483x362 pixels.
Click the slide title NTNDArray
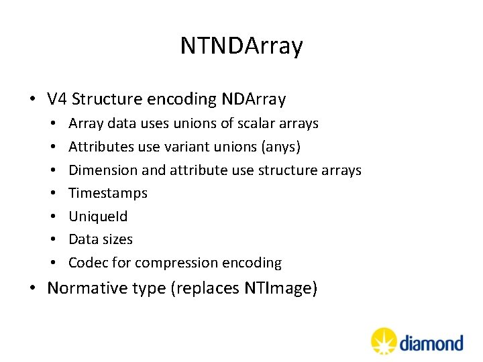(x=241, y=46)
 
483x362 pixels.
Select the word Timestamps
(x=107, y=193)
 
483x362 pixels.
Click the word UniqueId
(x=97, y=217)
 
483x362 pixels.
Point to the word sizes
(x=117, y=239)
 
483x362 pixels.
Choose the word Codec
(x=87, y=263)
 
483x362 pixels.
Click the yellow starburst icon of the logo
(x=384, y=341)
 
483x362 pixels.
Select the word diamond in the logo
(x=432, y=343)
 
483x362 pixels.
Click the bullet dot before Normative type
(x=33, y=289)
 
